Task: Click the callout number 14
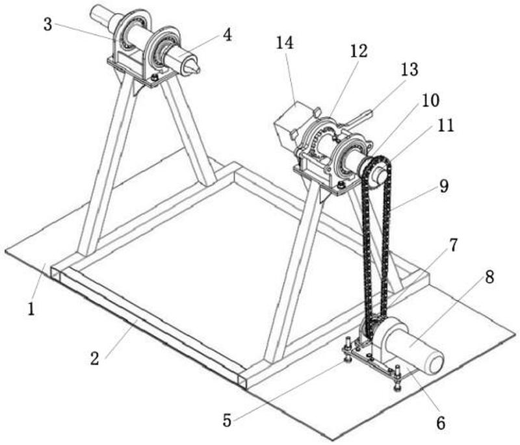[285, 43]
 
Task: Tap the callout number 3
[47, 25]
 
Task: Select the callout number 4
[227, 34]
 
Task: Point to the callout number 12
[359, 51]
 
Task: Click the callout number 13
[409, 70]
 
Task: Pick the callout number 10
[430, 100]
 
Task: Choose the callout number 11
[445, 125]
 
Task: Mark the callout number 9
[444, 186]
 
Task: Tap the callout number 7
[453, 245]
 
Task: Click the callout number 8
[489, 277]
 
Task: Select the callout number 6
[441, 423]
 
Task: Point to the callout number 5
[227, 420]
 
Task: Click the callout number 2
[94, 358]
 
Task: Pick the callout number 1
[31, 309]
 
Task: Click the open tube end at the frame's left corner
[55, 274]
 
